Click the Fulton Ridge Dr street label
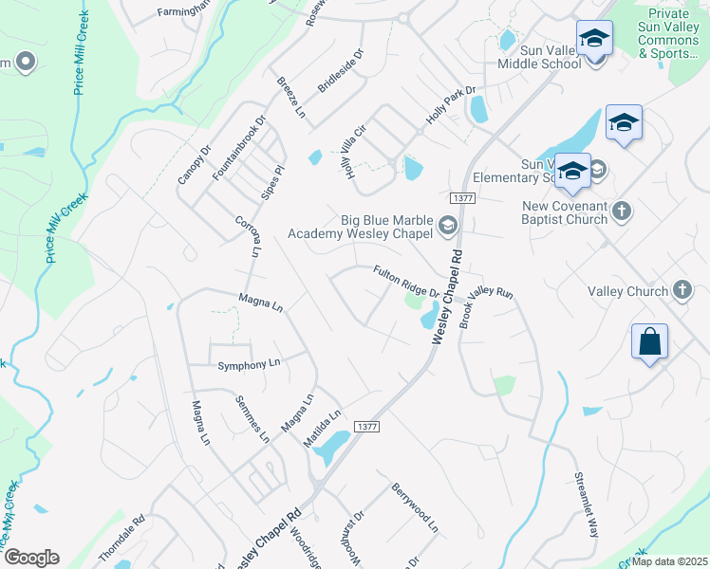pos(405,283)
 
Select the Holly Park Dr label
pos(450,104)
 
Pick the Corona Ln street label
pos(247,236)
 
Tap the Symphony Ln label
pos(250,364)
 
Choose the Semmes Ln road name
pos(252,418)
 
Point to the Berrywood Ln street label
pos(415,506)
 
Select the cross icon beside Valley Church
pos(682,289)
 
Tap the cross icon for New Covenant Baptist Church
pos(622,210)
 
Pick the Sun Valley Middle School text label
pos(539,56)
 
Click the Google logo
pos(31,558)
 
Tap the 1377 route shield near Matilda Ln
pos(366,428)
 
